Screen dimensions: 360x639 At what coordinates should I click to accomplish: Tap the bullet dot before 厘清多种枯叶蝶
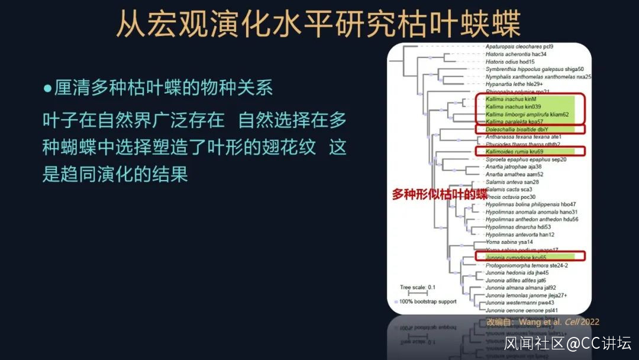48,88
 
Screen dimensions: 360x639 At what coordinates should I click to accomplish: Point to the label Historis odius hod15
510,62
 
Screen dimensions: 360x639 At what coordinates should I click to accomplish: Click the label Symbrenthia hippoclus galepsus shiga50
534,69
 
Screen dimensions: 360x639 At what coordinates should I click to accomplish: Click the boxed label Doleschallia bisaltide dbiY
517,129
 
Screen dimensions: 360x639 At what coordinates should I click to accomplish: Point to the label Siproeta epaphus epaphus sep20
525,159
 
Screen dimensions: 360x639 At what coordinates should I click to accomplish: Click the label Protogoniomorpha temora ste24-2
526,265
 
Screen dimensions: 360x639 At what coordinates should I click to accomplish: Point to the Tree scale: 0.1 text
418,288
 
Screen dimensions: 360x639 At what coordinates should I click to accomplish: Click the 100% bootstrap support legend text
428,301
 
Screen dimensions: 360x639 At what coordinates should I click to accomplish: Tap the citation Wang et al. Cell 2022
559,322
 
